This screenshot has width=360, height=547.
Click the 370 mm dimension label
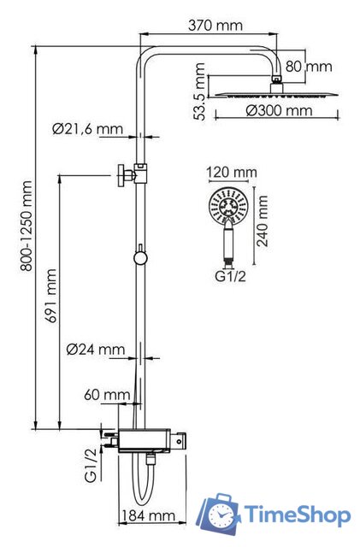pyautogui.click(x=214, y=26)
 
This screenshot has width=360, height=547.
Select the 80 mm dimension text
pyautogui.click(x=308, y=66)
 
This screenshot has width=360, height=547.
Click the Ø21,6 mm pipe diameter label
pyautogui.click(x=86, y=129)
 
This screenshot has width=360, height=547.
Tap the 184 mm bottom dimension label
pyautogui.click(x=150, y=516)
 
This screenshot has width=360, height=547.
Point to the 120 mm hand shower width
pyautogui.click(x=232, y=173)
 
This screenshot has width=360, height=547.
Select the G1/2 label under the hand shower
pyautogui.click(x=229, y=278)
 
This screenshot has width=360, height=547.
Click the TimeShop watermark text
pyautogui.click(x=297, y=515)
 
